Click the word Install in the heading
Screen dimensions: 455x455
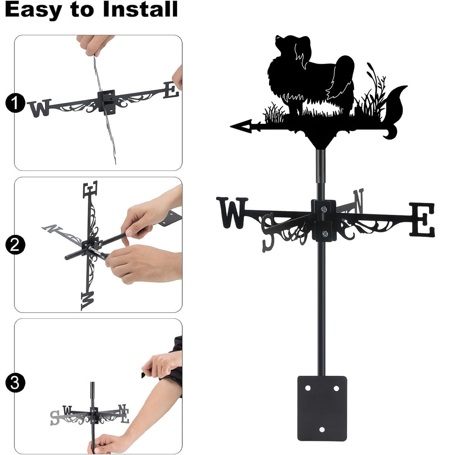[140, 9]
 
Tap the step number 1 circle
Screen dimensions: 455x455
[15, 103]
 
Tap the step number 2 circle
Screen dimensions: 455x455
[15, 245]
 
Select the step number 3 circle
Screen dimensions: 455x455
[15, 383]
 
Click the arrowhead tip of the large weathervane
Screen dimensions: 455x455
[231, 126]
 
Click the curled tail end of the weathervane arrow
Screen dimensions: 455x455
[390, 133]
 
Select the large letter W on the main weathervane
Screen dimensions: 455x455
[232, 212]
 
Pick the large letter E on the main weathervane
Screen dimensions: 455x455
[422, 220]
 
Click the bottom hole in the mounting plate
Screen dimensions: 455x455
[322, 429]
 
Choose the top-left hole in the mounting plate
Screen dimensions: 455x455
[308, 388]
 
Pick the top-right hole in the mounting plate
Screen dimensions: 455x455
[336, 388]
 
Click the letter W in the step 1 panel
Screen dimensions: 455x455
[39, 108]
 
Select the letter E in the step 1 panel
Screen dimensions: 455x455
[171, 90]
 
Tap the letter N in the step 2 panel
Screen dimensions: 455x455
[52, 229]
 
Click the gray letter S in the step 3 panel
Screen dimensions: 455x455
[54, 418]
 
